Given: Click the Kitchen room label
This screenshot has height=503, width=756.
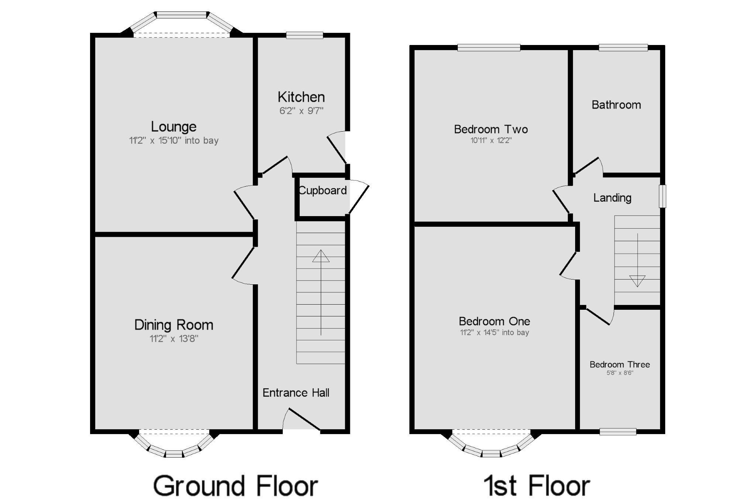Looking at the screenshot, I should pyautogui.click(x=301, y=97).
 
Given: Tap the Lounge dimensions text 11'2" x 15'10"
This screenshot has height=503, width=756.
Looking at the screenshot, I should pyautogui.click(x=173, y=141).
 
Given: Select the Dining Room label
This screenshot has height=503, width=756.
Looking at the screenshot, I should pyautogui.click(x=173, y=325).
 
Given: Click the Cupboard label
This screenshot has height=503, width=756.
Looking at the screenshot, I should pyautogui.click(x=322, y=190).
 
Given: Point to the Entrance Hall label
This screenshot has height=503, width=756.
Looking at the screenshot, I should pyautogui.click(x=296, y=393).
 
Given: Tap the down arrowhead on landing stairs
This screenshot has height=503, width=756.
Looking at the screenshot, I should pyautogui.click(x=638, y=281).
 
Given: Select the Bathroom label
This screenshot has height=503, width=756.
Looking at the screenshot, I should pyautogui.click(x=616, y=105).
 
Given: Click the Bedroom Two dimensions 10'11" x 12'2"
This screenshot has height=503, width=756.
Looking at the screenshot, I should pyautogui.click(x=491, y=141).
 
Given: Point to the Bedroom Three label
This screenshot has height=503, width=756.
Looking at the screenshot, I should pyautogui.click(x=619, y=364).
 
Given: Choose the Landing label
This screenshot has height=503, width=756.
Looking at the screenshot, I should pyautogui.click(x=612, y=198).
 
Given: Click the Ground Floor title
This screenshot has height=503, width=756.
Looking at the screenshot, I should pyautogui.click(x=236, y=486).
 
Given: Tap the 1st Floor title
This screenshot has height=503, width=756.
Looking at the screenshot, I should pyautogui.click(x=536, y=486).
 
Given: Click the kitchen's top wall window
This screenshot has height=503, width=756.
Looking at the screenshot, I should pyautogui.click(x=305, y=35).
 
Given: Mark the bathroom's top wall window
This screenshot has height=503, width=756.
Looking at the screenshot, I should pyautogui.click(x=623, y=47).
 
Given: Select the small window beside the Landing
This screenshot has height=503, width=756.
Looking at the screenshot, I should pyautogui.click(x=663, y=196).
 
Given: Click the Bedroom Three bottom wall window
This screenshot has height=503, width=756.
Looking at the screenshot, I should pyautogui.click(x=618, y=431).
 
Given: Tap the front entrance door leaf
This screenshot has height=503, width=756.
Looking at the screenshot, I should pyautogui.click(x=304, y=419).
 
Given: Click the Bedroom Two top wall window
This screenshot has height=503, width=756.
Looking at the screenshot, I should pyautogui.click(x=489, y=47).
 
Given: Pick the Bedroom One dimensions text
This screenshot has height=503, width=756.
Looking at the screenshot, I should pyautogui.click(x=494, y=333).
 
